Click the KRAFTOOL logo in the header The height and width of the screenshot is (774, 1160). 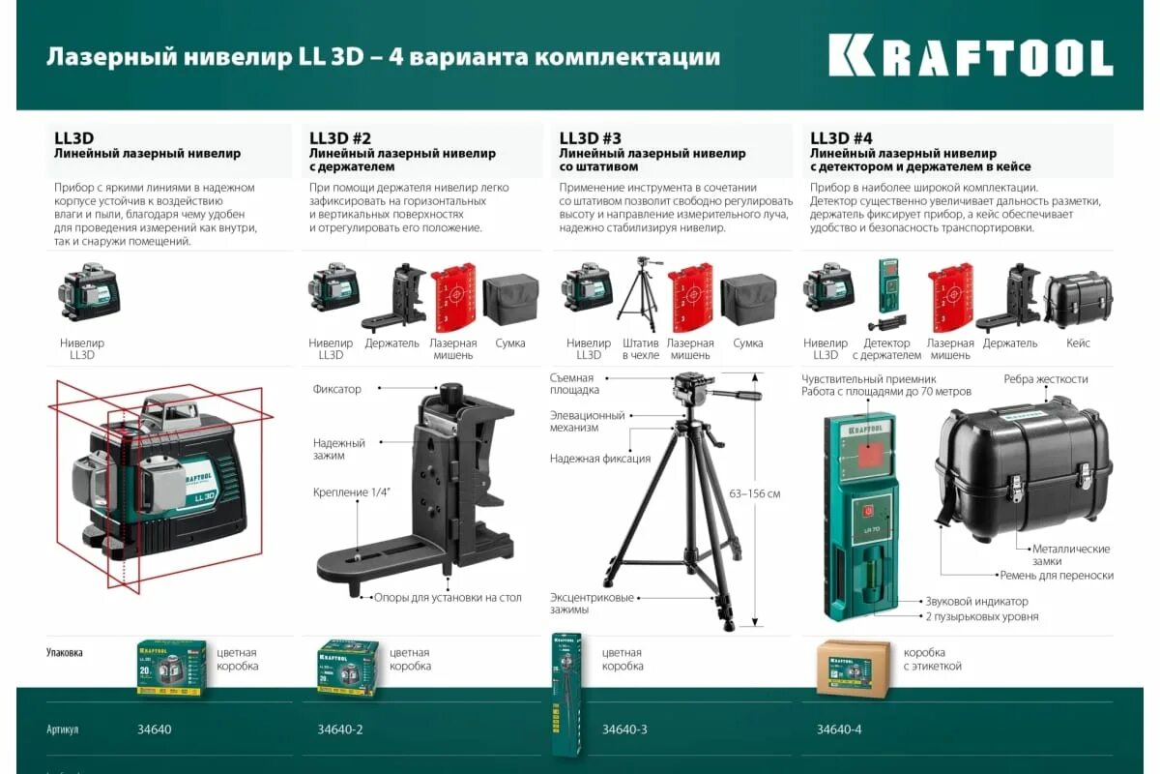point(971,57)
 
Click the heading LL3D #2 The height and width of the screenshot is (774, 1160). point(340,138)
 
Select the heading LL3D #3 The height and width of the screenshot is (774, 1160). point(591,138)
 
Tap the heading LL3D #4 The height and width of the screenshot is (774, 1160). point(841,138)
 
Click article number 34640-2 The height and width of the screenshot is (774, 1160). point(340,729)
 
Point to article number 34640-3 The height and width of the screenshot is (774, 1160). point(624,729)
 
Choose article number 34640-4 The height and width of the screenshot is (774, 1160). point(839,729)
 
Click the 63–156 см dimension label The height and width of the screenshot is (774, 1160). point(755,494)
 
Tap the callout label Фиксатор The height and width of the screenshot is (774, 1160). point(336,389)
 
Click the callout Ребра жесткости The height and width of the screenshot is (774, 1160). point(1045,379)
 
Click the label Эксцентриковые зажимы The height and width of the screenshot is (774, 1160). point(592,604)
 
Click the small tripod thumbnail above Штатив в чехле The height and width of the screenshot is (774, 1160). point(638,294)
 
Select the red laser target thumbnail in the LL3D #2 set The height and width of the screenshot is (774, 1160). point(452,298)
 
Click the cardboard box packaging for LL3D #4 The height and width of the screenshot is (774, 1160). point(852,668)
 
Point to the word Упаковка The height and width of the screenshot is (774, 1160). point(65,652)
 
